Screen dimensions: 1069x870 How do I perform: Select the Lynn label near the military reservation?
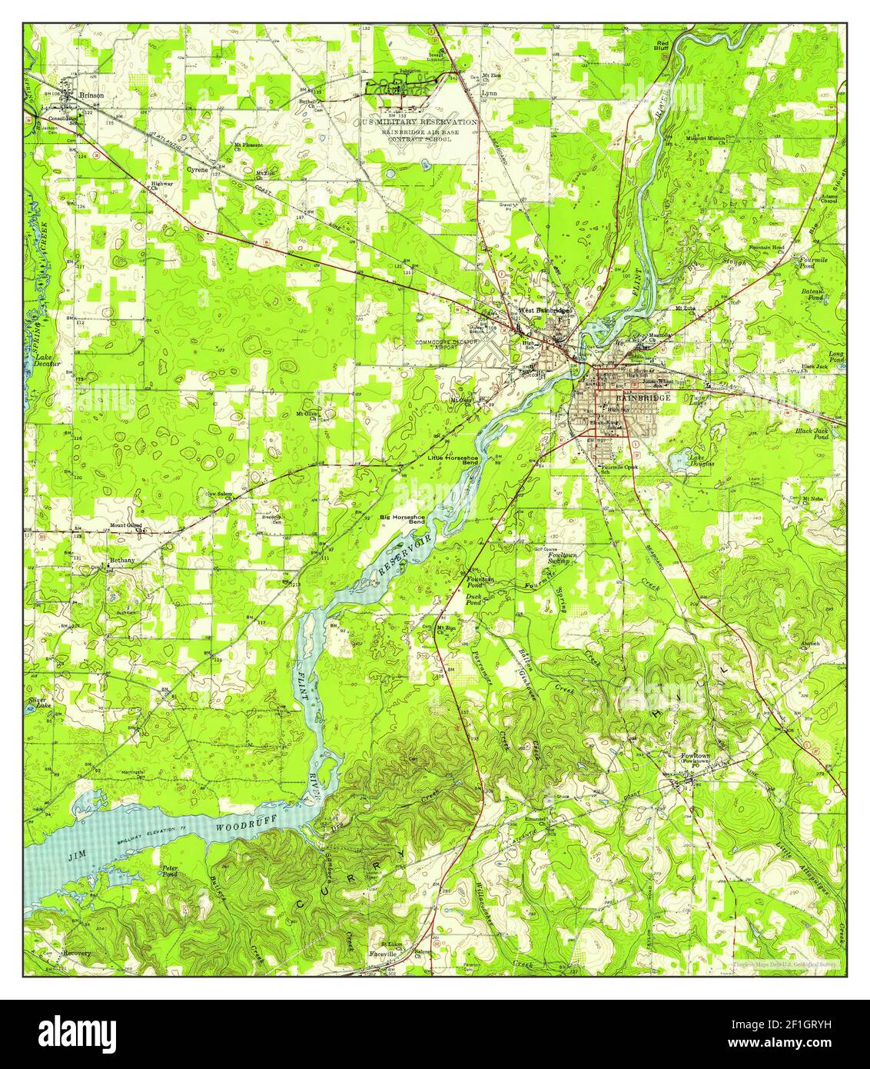pos(489,92)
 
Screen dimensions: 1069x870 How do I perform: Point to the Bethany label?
pos(121,561)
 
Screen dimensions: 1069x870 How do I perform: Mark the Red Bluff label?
pos(662,44)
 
